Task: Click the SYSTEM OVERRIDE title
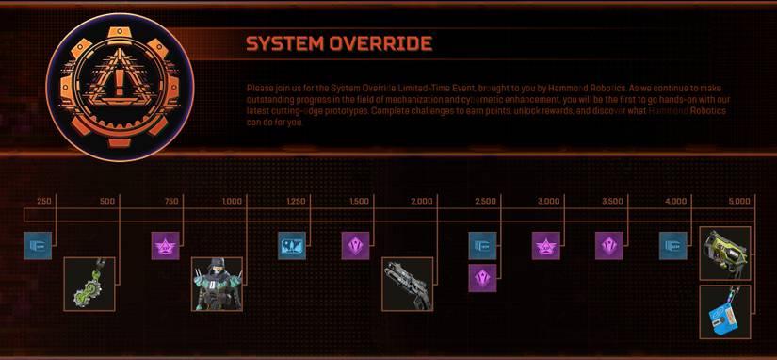coord(338,44)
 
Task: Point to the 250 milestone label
coord(43,201)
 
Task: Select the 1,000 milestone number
coord(232,201)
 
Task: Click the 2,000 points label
coord(422,201)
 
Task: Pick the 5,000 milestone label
coord(739,201)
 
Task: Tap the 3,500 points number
coord(612,201)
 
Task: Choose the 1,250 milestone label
coord(295,201)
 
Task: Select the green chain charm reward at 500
coord(89,285)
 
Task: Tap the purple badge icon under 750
coord(166,246)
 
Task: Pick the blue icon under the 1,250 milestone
coord(292,246)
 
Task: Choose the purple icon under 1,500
coord(355,246)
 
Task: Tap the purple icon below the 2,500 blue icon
coord(482,278)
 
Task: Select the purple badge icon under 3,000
coord(546,246)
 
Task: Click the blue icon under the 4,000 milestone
coord(672,246)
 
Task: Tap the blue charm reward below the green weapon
coord(725,312)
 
